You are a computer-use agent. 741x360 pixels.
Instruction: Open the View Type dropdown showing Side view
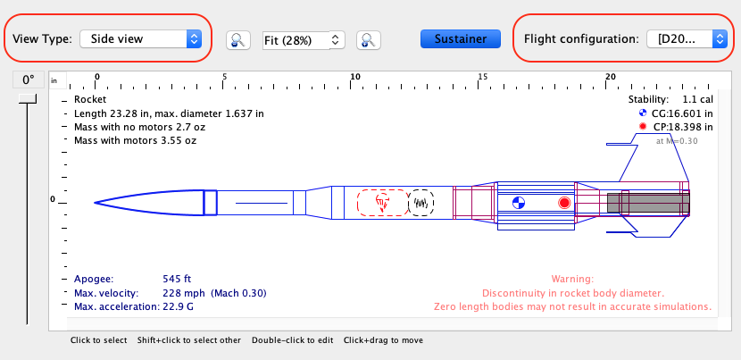point(140,38)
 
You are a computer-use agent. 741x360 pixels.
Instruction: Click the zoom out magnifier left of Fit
point(238,39)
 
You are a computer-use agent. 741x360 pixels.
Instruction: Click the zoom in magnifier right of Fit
point(369,39)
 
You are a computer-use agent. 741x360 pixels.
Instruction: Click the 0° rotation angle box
point(28,80)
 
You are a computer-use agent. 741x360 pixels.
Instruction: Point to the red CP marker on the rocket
point(564,203)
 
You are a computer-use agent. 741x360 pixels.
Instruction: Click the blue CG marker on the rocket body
point(519,203)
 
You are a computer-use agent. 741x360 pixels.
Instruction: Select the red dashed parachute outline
point(382,203)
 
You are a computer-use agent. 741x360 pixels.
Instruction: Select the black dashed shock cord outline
point(421,203)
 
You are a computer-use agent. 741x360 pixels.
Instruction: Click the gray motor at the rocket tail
point(647,203)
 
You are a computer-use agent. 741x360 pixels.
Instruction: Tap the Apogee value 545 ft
point(178,279)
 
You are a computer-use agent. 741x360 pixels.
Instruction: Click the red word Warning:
point(572,279)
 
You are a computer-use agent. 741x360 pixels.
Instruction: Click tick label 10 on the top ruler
point(354,77)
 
